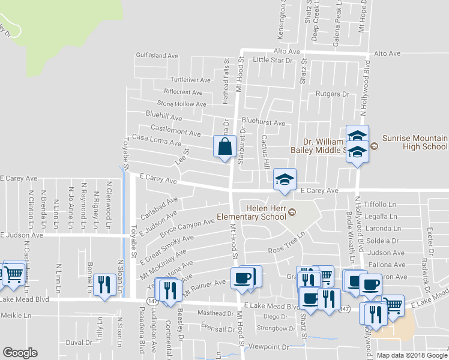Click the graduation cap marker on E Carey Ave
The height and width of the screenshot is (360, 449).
[285, 179]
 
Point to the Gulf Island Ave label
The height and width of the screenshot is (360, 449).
[157, 55]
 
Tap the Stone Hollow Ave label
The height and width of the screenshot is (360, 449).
[182, 104]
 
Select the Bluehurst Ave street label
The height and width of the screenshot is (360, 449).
[264, 122]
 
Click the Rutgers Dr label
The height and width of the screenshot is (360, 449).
[332, 94]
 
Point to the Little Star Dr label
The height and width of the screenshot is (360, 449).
[271, 60]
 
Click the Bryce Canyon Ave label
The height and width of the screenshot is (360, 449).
[187, 226]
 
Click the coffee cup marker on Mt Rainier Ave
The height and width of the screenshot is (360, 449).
[243, 279]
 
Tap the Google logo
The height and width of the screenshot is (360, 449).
[20, 353]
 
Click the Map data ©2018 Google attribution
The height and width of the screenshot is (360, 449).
[412, 355]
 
